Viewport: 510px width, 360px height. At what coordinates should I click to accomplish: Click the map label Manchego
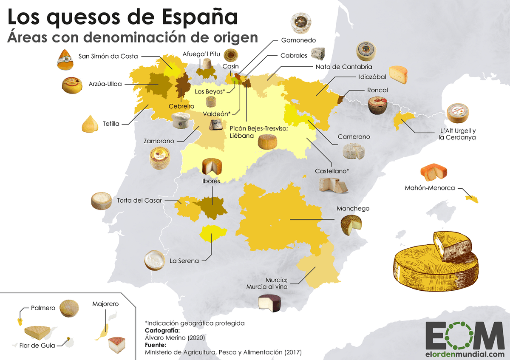tap(353, 209)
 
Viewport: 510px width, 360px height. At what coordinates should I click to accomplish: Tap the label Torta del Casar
tap(139, 201)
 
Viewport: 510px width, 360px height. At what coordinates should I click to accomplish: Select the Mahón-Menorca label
tap(430, 188)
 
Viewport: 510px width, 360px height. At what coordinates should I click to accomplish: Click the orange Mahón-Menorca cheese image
tap(434, 172)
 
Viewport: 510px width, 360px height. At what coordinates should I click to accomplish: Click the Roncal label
tap(377, 90)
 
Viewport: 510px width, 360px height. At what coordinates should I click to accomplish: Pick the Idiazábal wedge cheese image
tap(398, 75)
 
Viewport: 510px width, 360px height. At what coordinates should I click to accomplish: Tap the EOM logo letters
tap(465, 336)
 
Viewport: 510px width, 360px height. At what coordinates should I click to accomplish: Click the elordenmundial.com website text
tap(465, 354)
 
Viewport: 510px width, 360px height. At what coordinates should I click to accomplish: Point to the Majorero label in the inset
tap(105, 304)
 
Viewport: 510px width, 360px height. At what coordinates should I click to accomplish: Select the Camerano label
tap(354, 137)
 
